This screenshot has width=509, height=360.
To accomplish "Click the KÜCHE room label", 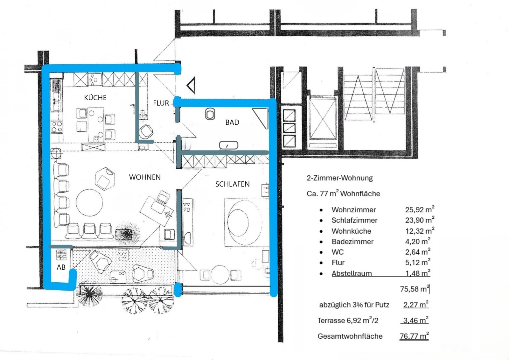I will (95, 98).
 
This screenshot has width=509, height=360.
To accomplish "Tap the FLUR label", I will (161, 103).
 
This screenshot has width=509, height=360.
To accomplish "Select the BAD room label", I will (232, 122).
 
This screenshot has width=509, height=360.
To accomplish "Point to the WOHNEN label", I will (145, 177).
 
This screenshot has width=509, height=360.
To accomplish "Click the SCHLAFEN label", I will (232, 184).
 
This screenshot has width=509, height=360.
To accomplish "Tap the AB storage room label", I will (61, 267).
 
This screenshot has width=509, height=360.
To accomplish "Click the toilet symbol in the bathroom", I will (210, 114).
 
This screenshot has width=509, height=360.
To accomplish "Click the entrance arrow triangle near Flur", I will (191, 86).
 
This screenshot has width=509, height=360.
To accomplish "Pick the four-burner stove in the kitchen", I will (57, 127).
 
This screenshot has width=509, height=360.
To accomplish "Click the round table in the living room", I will (89, 203).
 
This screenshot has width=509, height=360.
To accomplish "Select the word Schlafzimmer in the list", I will (354, 220).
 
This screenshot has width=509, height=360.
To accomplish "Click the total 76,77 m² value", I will (414, 336).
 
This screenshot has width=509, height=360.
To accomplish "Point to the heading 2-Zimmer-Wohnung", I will (339, 178).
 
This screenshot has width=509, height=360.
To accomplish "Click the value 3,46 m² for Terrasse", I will (415, 320).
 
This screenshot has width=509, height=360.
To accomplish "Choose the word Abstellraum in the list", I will (352, 273).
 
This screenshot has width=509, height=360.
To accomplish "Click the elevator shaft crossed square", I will (323, 118).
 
